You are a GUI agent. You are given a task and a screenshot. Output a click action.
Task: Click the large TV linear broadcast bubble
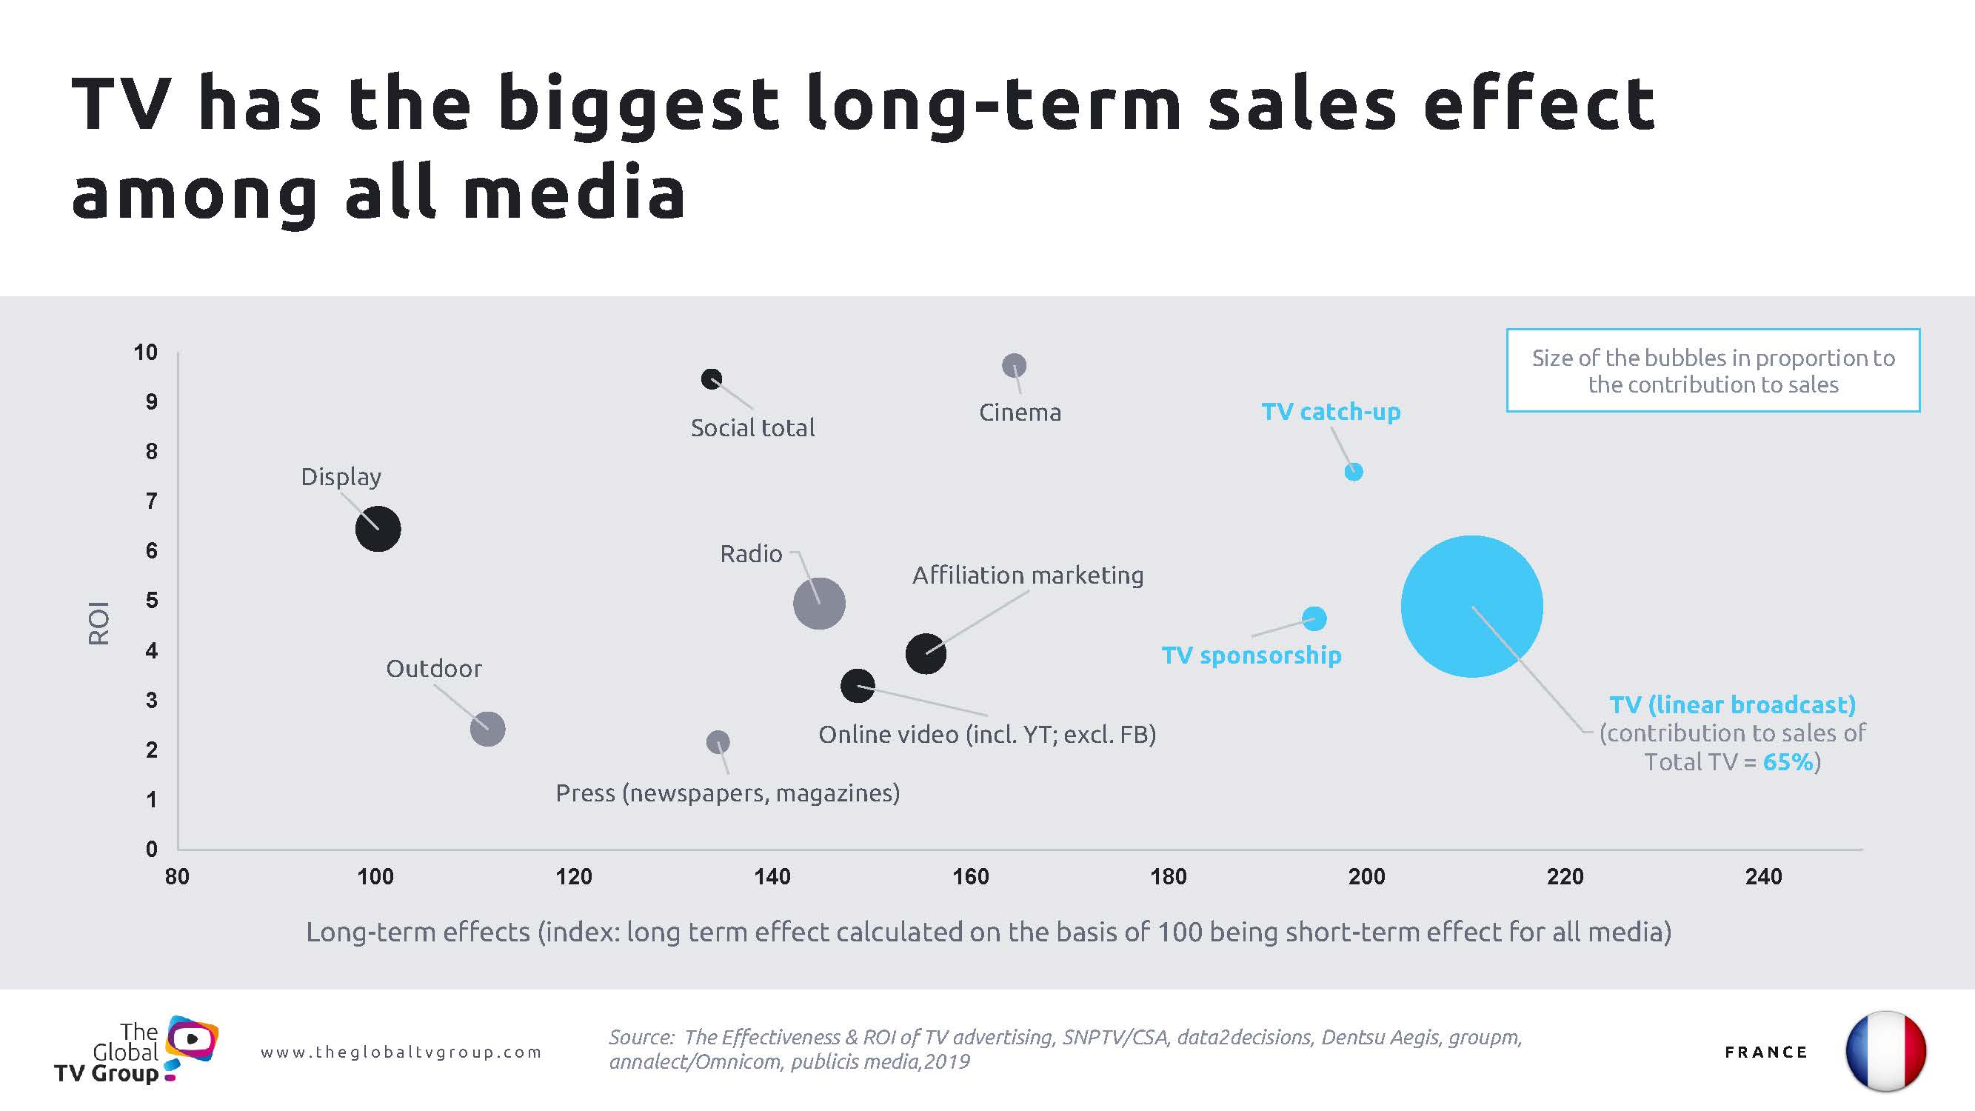click(x=1471, y=606)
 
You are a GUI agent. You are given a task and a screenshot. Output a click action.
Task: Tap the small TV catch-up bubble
click(x=1354, y=472)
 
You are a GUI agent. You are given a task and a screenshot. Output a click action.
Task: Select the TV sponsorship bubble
click(x=1314, y=618)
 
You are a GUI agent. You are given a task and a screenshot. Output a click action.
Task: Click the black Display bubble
click(x=378, y=528)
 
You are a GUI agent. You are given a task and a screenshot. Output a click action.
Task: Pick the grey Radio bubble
click(x=819, y=604)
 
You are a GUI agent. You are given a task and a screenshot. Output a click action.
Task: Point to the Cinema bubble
click(x=1015, y=366)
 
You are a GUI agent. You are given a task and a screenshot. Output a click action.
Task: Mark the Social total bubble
click(x=712, y=378)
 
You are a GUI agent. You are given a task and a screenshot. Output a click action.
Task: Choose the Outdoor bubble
click(x=487, y=728)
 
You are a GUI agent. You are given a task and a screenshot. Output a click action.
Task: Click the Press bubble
click(x=718, y=741)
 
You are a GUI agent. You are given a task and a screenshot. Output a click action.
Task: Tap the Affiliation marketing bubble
click(x=926, y=654)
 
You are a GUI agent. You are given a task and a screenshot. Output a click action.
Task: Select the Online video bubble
click(x=857, y=685)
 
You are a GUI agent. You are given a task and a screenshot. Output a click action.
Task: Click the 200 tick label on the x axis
click(x=1366, y=876)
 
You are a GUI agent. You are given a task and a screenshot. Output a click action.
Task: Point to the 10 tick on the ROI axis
click(x=146, y=353)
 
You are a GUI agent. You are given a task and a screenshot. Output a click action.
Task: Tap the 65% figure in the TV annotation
click(x=1788, y=762)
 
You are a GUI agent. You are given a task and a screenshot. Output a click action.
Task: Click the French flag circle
click(x=1885, y=1051)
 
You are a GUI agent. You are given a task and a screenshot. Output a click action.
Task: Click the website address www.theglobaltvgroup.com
click(x=401, y=1052)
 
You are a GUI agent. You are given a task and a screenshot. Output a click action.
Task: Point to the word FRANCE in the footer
click(x=1765, y=1052)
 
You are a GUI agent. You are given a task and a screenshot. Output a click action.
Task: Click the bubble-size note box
click(x=1713, y=371)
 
